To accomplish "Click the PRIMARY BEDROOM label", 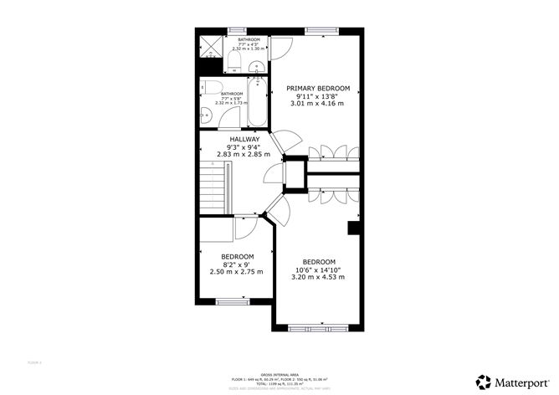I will (318, 87).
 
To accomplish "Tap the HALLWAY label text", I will (244, 139).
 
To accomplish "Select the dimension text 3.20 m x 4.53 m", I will (318, 277).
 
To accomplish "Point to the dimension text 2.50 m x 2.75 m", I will (237, 271).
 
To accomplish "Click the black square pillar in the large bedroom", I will (352, 227).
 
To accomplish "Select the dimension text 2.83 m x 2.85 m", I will (244, 155).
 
